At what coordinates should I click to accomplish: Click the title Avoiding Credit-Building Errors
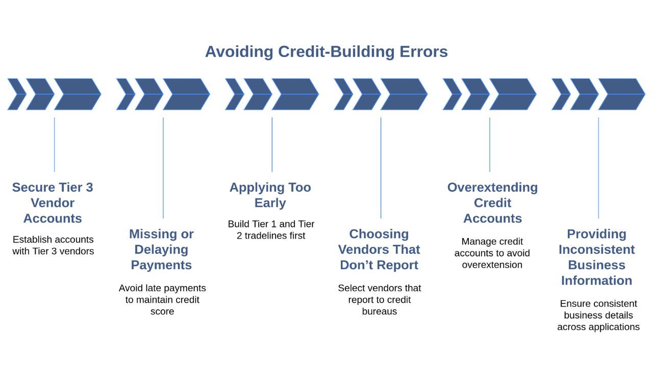click(x=326, y=52)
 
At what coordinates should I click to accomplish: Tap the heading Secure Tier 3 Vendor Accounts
click(x=53, y=203)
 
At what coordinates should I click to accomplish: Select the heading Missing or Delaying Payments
click(x=161, y=250)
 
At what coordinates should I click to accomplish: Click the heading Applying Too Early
click(x=270, y=195)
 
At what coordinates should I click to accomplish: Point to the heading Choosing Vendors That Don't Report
click(x=379, y=250)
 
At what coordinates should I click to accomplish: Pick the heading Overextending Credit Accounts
click(x=492, y=203)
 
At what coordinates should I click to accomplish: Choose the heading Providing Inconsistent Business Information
click(x=597, y=257)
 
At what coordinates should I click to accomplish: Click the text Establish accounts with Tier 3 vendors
click(x=53, y=245)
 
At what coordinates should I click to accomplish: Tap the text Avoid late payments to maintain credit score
click(x=162, y=300)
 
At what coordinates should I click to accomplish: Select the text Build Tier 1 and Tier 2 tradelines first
click(x=271, y=230)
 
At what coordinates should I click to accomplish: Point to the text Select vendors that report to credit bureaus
click(x=380, y=300)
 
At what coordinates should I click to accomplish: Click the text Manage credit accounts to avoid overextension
click(x=492, y=253)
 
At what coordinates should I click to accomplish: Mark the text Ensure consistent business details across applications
click(x=598, y=315)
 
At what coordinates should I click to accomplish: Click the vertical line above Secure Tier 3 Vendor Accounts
click(x=54, y=144)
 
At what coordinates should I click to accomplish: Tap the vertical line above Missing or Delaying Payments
click(x=163, y=168)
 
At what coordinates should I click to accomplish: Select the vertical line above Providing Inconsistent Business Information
click(x=598, y=168)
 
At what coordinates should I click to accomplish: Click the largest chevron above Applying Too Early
click(x=295, y=94)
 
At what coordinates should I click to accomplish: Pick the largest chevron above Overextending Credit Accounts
click(x=513, y=94)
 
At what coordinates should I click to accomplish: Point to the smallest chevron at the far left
click(x=17, y=94)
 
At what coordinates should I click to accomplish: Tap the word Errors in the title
click(x=423, y=52)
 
